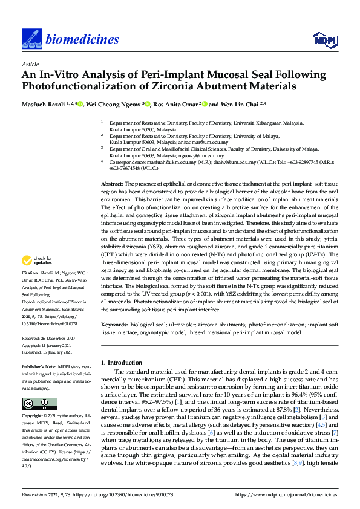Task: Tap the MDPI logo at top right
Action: tap(324, 40)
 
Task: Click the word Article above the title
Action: tap(30, 63)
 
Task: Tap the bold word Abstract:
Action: tap(111, 166)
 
